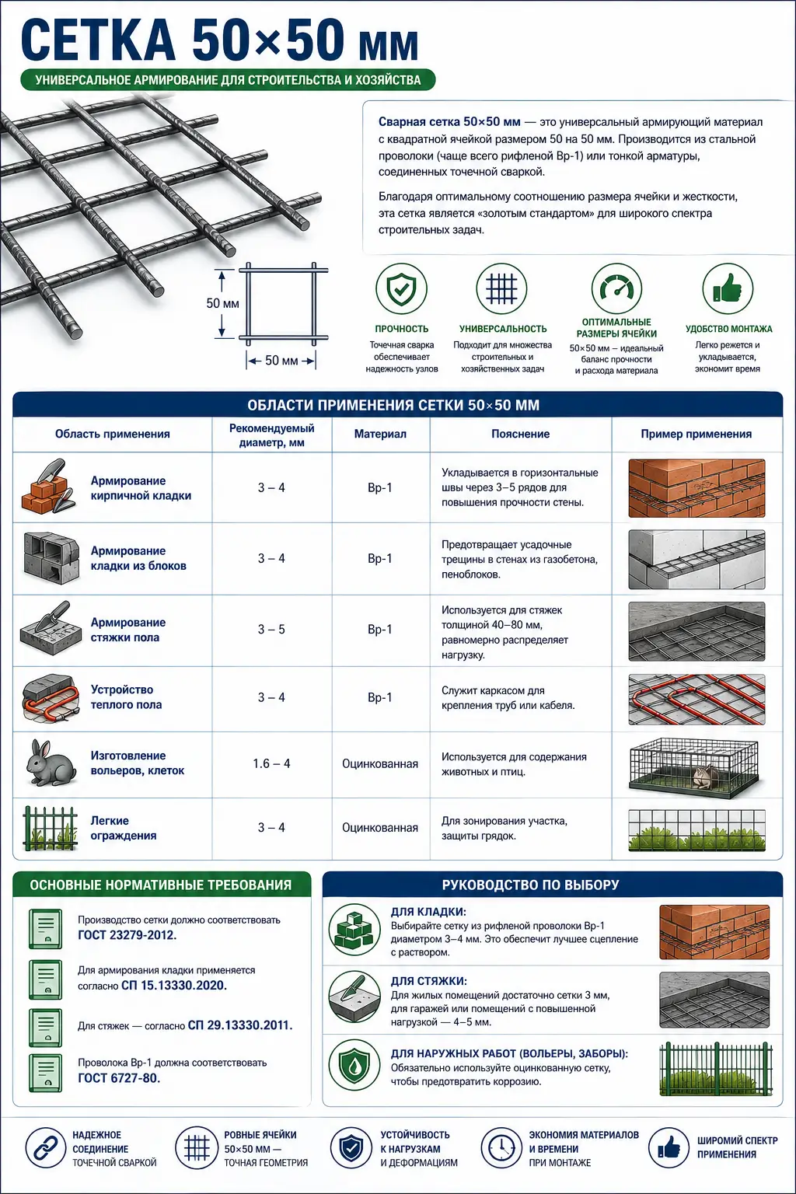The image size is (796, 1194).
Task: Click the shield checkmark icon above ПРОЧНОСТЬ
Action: pyautogui.click(x=401, y=289)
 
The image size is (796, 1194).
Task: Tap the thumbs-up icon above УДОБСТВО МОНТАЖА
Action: pyautogui.click(x=728, y=289)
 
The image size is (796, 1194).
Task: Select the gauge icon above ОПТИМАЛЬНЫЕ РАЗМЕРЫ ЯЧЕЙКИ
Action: pyautogui.click(x=617, y=289)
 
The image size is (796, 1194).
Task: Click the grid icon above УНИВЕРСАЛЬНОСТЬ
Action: pyautogui.click(x=501, y=289)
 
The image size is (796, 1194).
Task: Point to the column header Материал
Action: pyautogui.click(x=380, y=434)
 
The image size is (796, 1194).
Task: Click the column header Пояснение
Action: pyautogui.click(x=520, y=434)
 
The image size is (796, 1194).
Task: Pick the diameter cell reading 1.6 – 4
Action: pyautogui.click(x=271, y=764)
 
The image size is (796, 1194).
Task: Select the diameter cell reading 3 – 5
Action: pyautogui.click(x=271, y=630)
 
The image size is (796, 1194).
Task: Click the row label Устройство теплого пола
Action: pyautogui.click(x=126, y=697)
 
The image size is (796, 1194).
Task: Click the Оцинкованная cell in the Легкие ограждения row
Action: pyautogui.click(x=380, y=828)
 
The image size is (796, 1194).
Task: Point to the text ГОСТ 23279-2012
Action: pyautogui.click(x=127, y=935)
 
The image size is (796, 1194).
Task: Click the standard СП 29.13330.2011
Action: pyautogui.click(x=240, y=1025)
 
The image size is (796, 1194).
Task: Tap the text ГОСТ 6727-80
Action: pyautogui.click(x=119, y=1078)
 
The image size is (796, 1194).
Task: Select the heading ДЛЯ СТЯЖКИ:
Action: pyautogui.click(x=428, y=981)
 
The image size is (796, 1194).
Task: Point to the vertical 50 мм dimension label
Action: pyautogui.click(x=223, y=303)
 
